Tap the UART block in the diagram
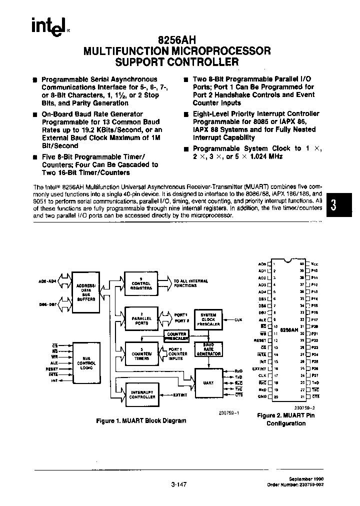(x=208, y=383)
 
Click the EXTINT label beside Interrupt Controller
(x=180, y=395)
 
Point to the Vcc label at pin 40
(x=314, y=263)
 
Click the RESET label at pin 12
(x=260, y=340)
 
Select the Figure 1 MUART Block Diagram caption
(x=141, y=420)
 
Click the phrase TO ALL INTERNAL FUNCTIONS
(x=190, y=283)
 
